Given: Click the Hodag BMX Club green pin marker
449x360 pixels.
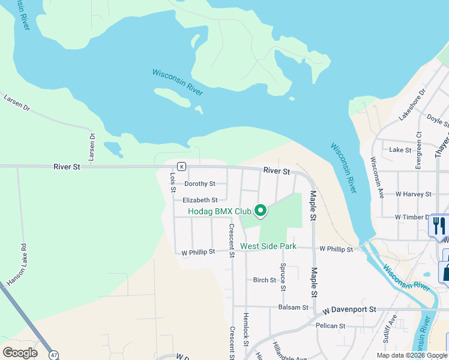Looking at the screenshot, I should pos(261,211).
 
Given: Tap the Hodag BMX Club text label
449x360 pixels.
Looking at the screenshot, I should pos(219,211).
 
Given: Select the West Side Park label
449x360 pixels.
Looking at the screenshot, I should pos(268,246).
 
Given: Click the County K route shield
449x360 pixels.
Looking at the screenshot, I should pos(181,166).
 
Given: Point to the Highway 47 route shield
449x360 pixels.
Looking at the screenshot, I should pos(55,355).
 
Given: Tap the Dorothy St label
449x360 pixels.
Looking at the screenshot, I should pos(199,184).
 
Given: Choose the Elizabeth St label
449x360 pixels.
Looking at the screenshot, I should pos(200,200).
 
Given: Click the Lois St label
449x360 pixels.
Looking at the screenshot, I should pos(172,182).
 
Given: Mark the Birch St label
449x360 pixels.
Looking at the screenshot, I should pos(264,280).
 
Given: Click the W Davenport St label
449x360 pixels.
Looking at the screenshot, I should pos(349,310).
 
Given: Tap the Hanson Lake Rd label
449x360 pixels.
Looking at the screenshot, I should pos(17,265).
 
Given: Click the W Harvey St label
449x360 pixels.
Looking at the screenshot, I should pos(413,194).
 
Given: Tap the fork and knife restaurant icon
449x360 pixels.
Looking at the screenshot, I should pos(439,226).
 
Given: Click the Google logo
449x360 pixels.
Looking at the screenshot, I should pos(20,353).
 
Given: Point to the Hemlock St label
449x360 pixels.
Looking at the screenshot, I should pos(246,329).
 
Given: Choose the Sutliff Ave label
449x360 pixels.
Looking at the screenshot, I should pos(390,329).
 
